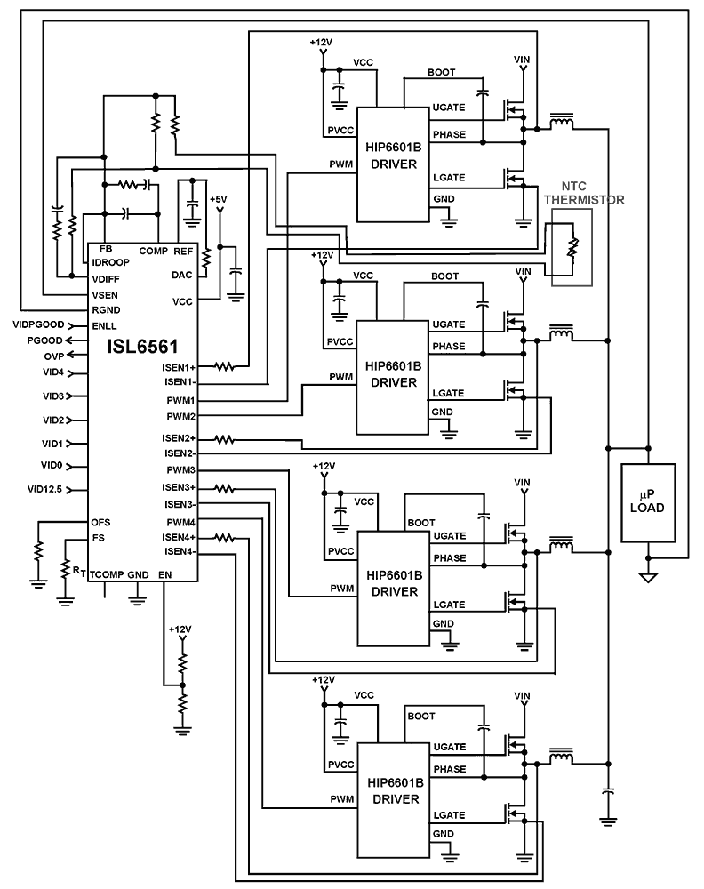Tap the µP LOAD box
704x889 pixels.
[x=649, y=502]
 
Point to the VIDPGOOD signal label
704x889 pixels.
[x=40, y=324]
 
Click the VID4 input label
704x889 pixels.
[x=52, y=372]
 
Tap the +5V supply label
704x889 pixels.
[x=220, y=199]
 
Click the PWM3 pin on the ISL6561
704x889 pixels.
[x=181, y=469]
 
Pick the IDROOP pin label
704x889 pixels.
[x=109, y=262]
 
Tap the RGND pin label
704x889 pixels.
[x=106, y=309]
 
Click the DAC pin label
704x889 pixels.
[x=182, y=275]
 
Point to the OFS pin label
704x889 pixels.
[x=100, y=522]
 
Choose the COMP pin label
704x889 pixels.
[x=153, y=251]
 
